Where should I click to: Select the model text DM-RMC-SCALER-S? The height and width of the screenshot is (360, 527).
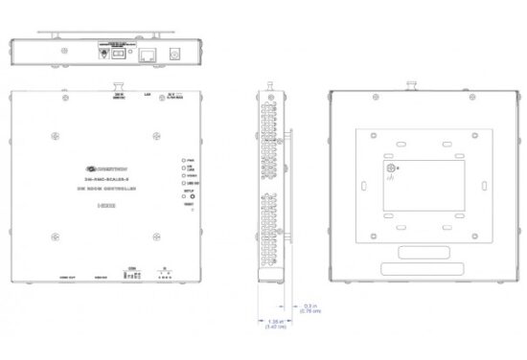point(107,179)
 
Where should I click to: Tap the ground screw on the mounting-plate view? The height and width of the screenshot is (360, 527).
point(390,169)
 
